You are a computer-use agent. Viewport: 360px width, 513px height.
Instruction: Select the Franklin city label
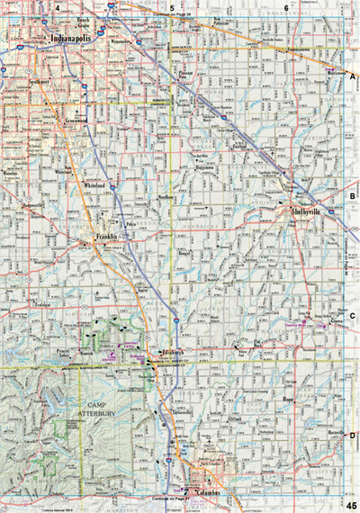(106, 237)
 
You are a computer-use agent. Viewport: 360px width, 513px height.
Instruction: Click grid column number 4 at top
(57, 7)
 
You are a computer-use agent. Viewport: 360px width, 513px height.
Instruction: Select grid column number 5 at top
(171, 7)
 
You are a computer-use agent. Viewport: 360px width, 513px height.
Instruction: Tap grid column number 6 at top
(286, 7)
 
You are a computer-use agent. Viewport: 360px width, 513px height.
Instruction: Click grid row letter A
(353, 78)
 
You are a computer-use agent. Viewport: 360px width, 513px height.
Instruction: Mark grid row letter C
(353, 316)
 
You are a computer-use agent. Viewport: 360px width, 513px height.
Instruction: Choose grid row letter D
(353, 436)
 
